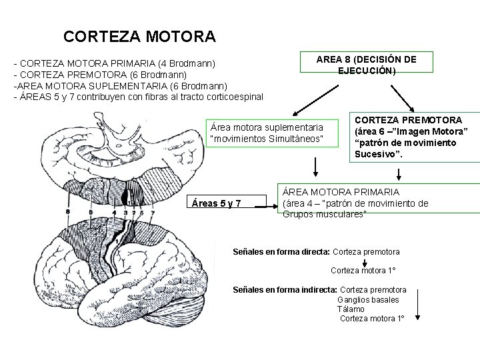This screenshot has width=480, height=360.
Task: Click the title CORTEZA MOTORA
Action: pyautogui.click(x=139, y=35)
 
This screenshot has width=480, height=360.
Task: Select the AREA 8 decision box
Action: pyautogui.click(x=366, y=65)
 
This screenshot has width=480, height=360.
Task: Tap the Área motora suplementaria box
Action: pyautogui.click(x=266, y=132)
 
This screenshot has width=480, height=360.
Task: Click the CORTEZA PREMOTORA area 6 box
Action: pyautogui.click(x=411, y=137)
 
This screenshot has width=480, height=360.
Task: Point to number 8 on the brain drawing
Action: pyautogui.click(x=67, y=212)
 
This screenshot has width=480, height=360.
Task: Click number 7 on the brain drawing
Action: pyautogui.click(x=153, y=213)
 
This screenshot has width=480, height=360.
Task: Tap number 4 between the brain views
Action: pyautogui.click(x=114, y=213)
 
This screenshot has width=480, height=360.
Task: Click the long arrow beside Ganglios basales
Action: pyautogui.click(x=417, y=304)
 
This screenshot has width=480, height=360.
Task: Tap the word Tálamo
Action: pyautogui.click(x=351, y=309)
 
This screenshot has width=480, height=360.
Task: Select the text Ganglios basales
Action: pyautogui.click(x=368, y=300)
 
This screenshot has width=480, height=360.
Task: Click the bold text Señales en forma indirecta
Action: pyautogui.click(x=285, y=290)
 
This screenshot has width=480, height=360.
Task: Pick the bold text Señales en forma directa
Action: pyautogui.click(x=280, y=252)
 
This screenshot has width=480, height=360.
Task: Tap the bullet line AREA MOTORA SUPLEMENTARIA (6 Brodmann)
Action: pyautogui.click(x=121, y=86)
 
